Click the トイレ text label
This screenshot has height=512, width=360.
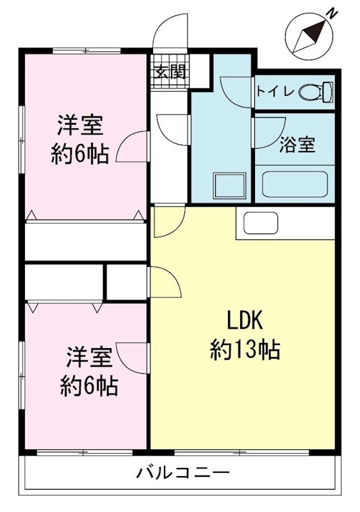coord(275,91)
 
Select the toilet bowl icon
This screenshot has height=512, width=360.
coord(316,92)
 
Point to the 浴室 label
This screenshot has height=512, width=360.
coord(297,145)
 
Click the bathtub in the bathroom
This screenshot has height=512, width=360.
coord(295,185)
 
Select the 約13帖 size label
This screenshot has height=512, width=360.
coord(244,349)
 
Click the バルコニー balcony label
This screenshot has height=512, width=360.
coord(183,474)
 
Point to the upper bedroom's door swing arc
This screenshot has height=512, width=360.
coord(133,146)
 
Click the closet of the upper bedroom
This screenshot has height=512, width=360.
coord(86,241)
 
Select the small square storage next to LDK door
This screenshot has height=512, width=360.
coord(127,282)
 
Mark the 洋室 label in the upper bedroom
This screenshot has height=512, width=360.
coord(79,125)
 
